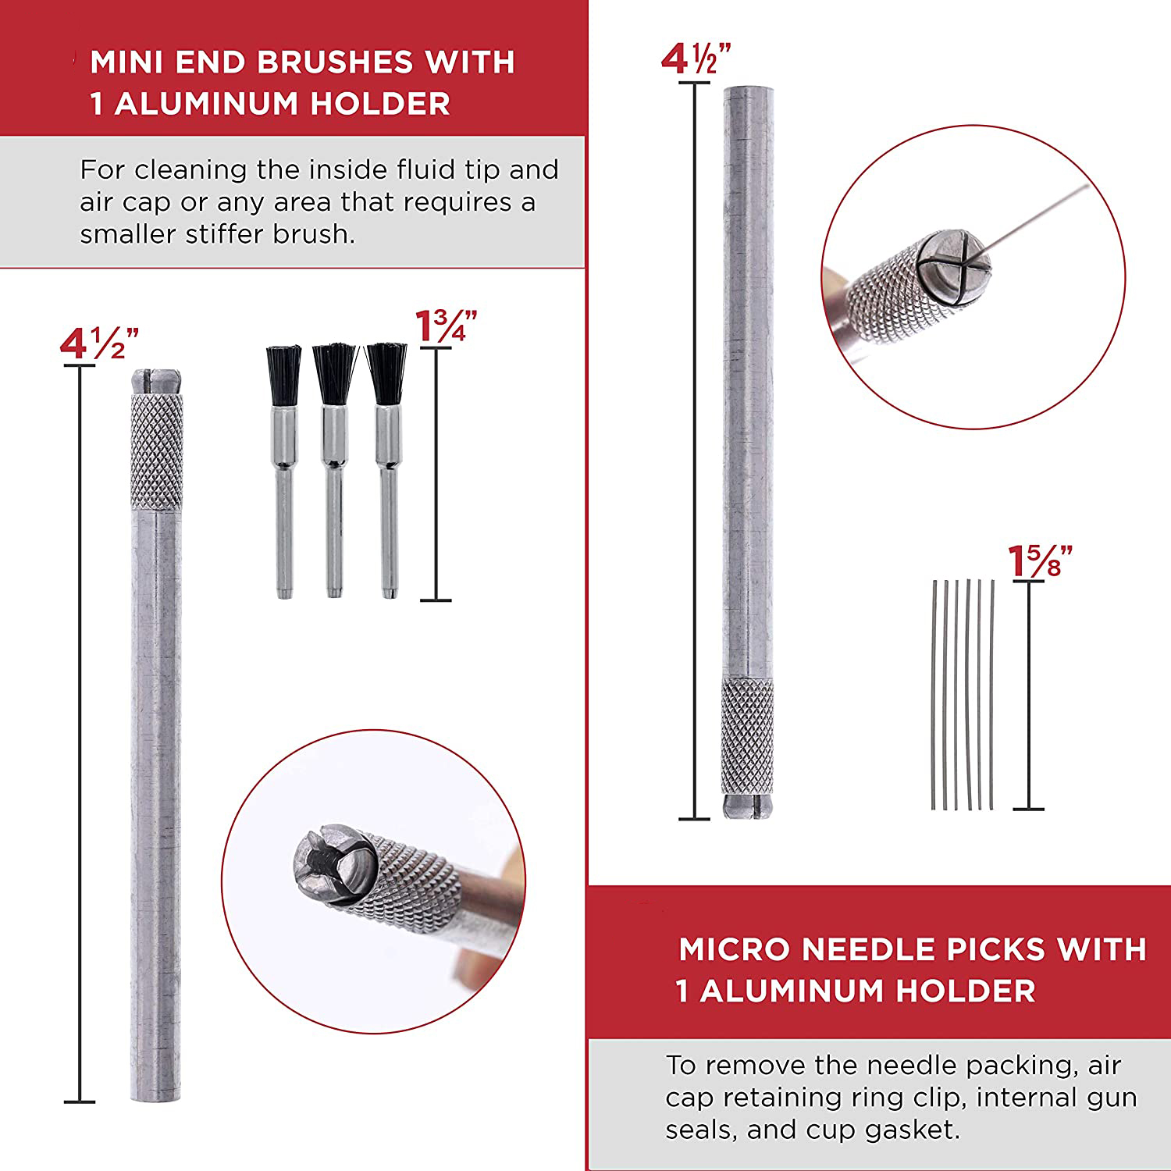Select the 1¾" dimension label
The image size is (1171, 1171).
[446, 326]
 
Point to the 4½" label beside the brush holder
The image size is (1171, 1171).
[99, 344]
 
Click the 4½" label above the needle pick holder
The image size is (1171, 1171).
[696, 60]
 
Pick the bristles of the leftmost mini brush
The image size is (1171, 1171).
[283, 373]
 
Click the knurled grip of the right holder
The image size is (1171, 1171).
[748, 737]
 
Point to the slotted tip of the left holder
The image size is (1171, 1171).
[155, 381]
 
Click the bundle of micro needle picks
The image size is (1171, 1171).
[963, 695]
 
